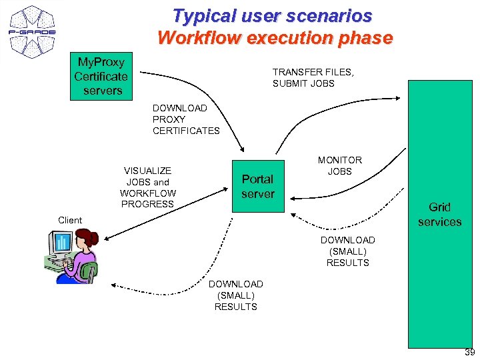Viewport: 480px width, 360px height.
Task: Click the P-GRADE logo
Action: pos(31,32)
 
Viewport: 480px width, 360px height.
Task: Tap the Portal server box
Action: pos(257,187)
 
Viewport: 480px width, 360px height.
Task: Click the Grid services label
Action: pos(439,215)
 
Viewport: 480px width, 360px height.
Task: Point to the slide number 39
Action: pos(469,353)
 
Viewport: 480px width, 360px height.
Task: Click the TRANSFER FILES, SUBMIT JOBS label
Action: pos(303,77)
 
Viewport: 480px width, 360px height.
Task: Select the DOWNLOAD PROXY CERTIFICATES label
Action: pos(186,119)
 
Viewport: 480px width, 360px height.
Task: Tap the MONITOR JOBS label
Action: pos(339,165)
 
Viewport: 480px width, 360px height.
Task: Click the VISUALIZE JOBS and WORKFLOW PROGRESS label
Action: pos(147,187)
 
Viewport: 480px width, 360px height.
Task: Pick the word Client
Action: pos(70,220)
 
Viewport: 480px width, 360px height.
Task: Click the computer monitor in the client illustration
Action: pos(61,243)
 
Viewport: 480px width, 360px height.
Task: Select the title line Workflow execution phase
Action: pos(275,38)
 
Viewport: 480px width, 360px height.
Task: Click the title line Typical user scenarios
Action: pos(272,15)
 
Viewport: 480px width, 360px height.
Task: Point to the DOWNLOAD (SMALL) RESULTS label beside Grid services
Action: pos(347,251)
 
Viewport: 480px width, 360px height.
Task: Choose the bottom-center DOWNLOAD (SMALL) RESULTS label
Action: pos(235,295)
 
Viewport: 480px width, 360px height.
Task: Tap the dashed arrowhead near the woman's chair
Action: pos(113,285)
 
